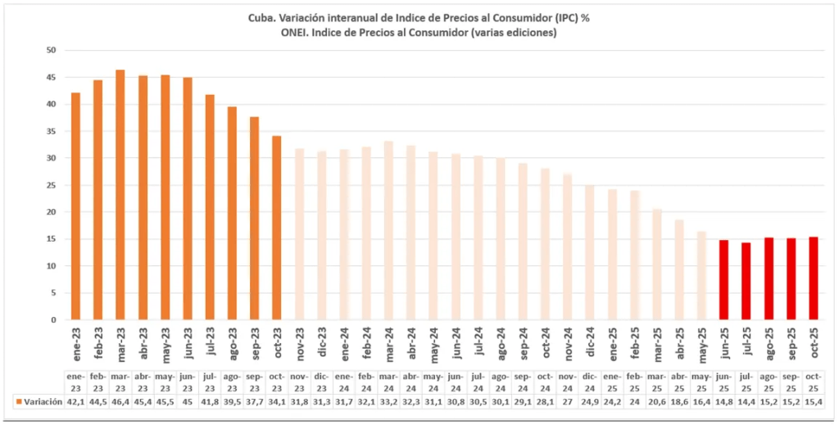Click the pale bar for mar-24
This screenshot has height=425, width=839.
(x=388, y=230)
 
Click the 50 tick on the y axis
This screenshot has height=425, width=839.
(x=51, y=50)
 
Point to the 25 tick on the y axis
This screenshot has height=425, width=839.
(x=51, y=185)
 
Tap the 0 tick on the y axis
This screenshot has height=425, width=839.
(x=53, y=320)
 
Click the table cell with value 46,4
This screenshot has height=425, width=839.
(x=120, y=402)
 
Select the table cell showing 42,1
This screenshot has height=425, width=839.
(x=75, y=402)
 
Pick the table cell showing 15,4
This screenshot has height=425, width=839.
(x=813, y=402)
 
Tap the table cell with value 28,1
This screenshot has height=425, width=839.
(x=545, y=402)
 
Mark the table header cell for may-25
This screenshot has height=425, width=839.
(x=701, y=382)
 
